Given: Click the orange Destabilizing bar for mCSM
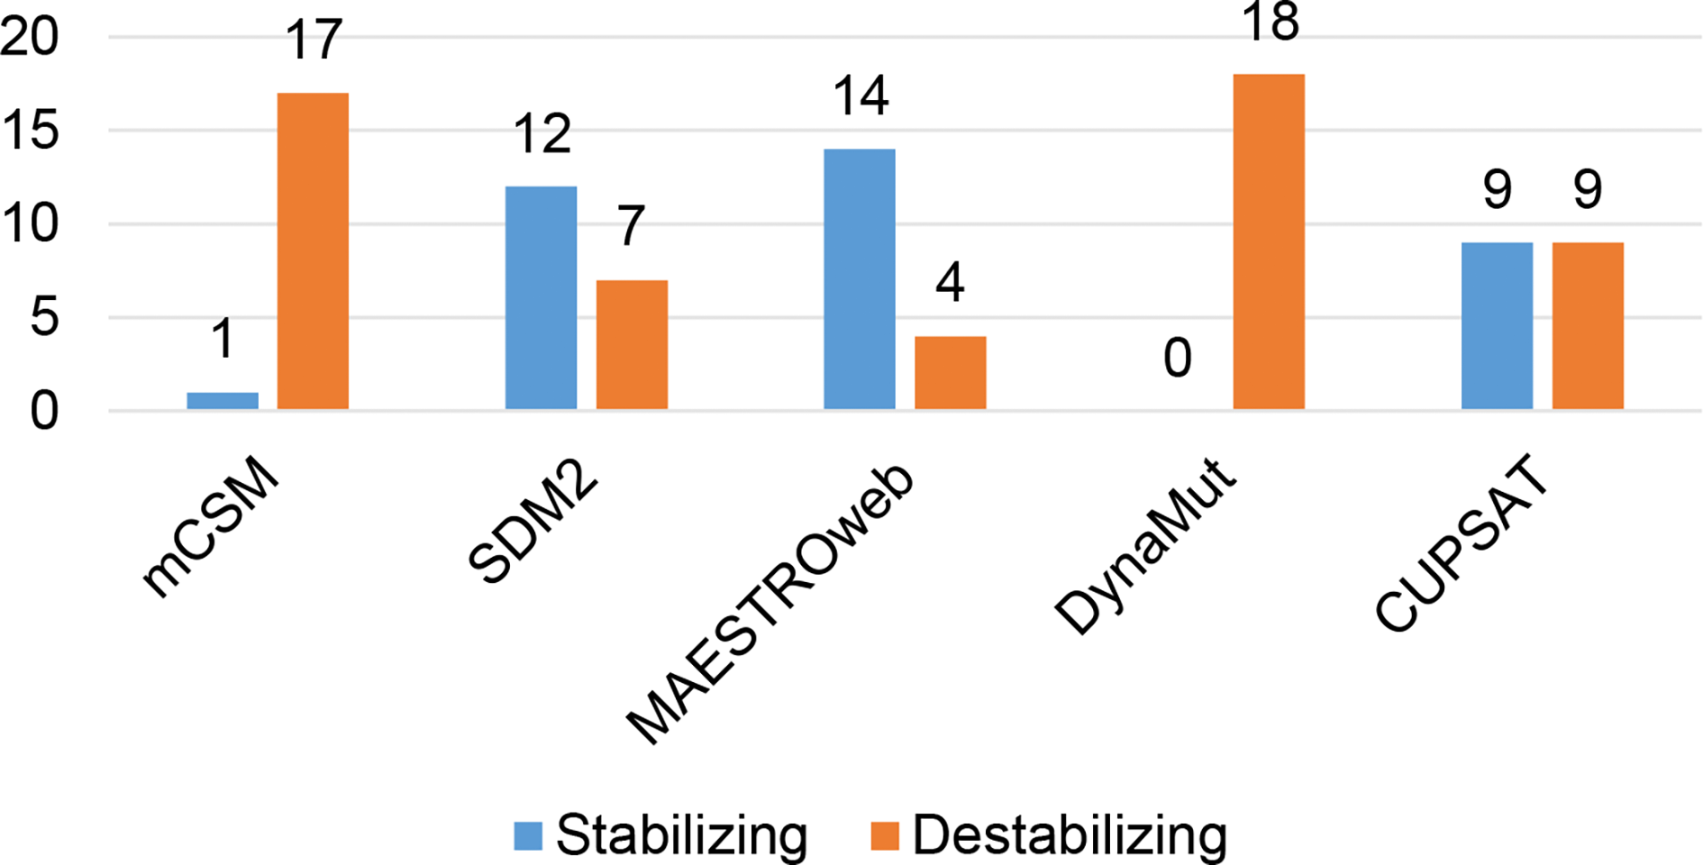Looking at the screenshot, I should (x=313, y=251).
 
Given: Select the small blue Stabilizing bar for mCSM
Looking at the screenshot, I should (x=223, y=401).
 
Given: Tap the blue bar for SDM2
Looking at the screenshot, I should (x=541, y=298).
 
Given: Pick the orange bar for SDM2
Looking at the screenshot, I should (x=632, y=345).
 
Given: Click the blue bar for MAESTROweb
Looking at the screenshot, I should (x=860, y=279).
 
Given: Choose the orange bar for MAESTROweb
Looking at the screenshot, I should (x=950, y=373).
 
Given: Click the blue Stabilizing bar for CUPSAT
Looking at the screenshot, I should (x=1497, y=326).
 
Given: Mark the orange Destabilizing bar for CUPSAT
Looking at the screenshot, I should (x=1588, y=326).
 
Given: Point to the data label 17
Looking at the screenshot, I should (x=314, y=41).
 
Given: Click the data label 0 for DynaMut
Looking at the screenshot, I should (x=1178, y=359).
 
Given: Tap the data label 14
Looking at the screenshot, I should (x=861, y=96).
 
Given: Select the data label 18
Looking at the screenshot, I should (x=1270, y=22).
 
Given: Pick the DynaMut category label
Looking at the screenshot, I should (x=1144, y=548).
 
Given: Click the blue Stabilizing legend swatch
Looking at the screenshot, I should (x=528, y=835).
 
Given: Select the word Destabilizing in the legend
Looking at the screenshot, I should (x=1070, y=835).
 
